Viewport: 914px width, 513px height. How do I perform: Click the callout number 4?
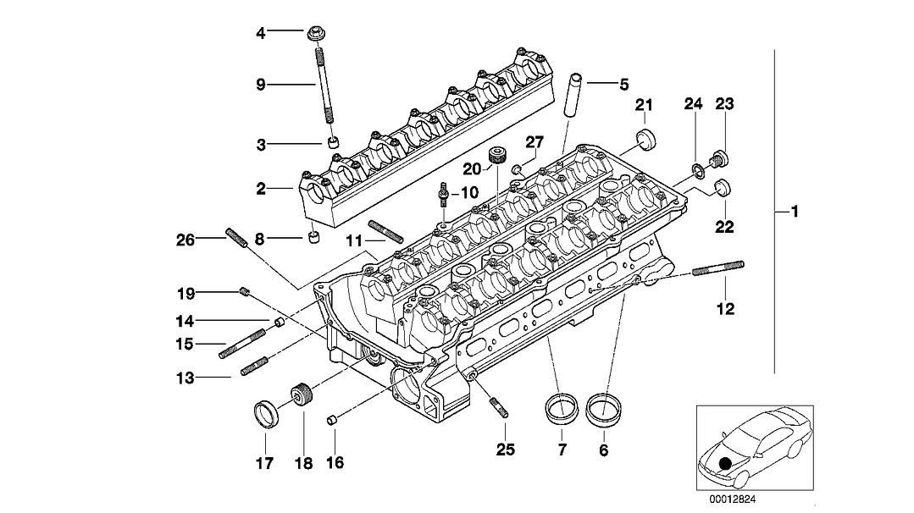click(x=261, y=34)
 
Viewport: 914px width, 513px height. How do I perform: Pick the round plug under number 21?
click(x=646, y=139)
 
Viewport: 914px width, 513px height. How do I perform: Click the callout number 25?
click(x=505, y=450)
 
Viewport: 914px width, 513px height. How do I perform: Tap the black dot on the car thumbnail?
click(x=724, y=463)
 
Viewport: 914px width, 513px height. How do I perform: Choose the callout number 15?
click(x=183, y=345)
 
